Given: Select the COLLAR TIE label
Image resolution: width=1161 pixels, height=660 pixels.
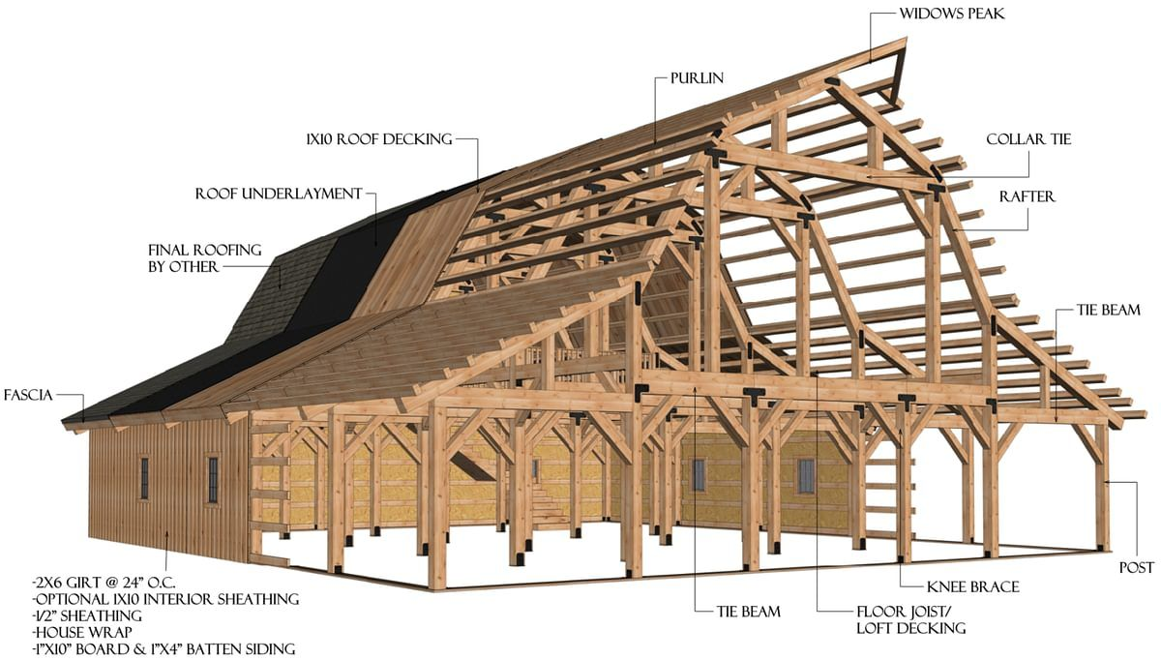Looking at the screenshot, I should (x=1028, y=139).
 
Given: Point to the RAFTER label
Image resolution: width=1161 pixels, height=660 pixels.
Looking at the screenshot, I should (x=1027, y=196).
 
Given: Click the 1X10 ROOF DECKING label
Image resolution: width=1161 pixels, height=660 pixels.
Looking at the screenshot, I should (x=378, y=138).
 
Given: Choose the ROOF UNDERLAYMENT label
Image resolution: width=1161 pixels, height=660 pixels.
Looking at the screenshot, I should (x=279, y=194).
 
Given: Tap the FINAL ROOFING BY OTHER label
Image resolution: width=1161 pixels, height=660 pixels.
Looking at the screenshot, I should (x=204, y=258).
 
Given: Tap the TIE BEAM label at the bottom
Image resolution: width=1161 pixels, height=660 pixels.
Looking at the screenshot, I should (x=749, y=612).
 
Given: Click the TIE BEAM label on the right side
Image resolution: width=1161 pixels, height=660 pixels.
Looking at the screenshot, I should (x=1109, y=311).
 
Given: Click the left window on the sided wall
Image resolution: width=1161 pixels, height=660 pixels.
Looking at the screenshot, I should (x=144, y=478).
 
